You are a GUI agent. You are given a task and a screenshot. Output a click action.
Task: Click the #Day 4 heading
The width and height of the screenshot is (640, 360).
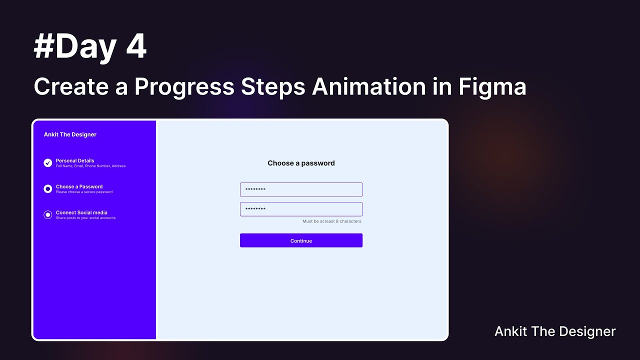(90, 47)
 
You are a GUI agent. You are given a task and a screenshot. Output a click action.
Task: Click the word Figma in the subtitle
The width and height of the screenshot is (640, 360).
(492, 87)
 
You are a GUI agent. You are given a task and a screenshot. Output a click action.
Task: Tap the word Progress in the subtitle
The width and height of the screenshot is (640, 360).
(184, 87)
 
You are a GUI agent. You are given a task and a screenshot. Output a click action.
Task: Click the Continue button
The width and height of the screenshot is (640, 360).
(301, 240)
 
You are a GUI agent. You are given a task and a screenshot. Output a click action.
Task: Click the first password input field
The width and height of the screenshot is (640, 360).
(301, 189)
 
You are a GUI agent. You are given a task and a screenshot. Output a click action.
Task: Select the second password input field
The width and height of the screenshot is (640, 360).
(301, 209)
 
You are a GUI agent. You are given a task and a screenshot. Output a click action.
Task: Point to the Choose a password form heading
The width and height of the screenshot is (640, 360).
(301, 163)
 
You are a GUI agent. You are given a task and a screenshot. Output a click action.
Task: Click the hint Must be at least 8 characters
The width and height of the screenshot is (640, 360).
(332, 221)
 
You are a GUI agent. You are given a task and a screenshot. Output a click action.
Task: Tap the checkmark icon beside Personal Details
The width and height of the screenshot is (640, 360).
(48, 163)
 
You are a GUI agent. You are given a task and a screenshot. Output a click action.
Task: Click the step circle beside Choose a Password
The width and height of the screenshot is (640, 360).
(48, 189)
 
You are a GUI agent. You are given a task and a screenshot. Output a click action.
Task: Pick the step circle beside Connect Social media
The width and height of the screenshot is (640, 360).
(48, 215)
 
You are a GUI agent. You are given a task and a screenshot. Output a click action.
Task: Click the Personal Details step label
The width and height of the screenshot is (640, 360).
(75, 160)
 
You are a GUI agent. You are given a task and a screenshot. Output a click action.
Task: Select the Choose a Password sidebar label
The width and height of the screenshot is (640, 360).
(79, 186)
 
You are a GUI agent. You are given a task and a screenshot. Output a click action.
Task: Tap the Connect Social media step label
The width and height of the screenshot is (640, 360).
(81, 212)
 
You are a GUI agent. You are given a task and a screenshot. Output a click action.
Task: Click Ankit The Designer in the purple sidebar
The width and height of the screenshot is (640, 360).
(70, 134)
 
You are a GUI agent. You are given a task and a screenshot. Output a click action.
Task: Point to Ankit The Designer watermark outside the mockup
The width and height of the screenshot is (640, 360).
(555, 331)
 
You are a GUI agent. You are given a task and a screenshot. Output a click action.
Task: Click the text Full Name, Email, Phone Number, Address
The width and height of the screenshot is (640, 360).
(90, 166)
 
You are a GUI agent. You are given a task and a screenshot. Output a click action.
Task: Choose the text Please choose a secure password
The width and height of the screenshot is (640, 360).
(84, 192)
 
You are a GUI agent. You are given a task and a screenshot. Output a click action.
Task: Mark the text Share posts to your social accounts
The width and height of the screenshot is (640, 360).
(85, 218)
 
